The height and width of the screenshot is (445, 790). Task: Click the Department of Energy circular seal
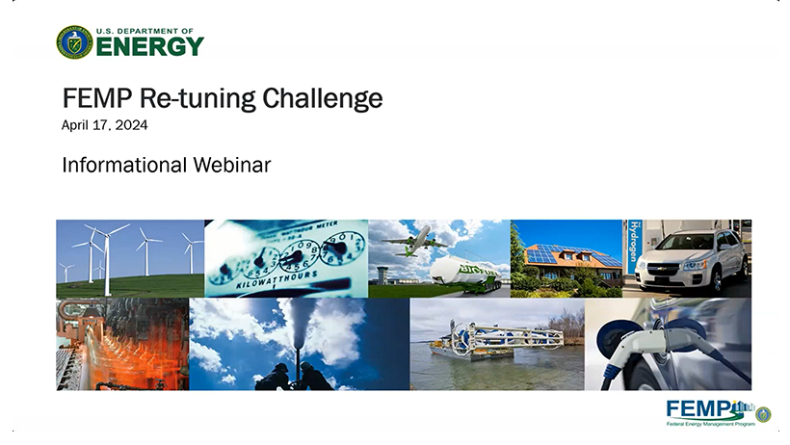point(74,42)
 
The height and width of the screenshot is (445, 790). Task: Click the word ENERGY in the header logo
point(149,47)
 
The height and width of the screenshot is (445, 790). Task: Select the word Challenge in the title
point(323,98)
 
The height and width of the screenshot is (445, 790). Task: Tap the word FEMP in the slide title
point(97,98)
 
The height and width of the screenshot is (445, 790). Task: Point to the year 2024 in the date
point(131,125)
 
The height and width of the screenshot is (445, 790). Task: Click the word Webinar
point(232,165)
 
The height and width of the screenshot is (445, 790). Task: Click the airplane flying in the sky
point(415,241)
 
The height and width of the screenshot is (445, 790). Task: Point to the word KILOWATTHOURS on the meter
point(277,279)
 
